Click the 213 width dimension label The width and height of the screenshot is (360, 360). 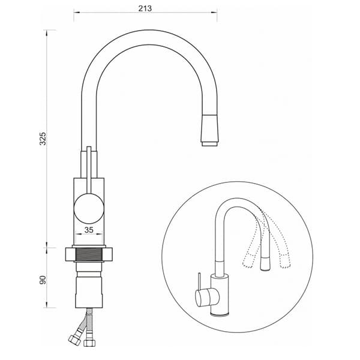[x=145, y=8]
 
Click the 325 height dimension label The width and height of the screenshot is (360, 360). [x=43, y=139]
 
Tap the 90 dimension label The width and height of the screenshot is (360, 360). [x=43, y=280]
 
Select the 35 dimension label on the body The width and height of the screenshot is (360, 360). [x=89, y=230]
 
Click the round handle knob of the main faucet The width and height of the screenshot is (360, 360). [x=89, y=208]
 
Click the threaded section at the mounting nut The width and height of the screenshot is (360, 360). [x=89, y=254]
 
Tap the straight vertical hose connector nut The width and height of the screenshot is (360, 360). [x=89, y=343]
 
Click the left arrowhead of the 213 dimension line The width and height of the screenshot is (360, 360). [x=76, y=13]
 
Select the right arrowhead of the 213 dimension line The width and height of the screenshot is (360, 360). [x=214, y=13]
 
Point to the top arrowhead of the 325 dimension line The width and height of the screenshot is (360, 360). [x=47, y=32]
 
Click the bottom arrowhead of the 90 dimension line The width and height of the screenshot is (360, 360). [x=47, y=305]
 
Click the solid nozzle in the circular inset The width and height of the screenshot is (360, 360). [x=265, y=263]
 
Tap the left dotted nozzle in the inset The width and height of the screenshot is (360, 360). [x=248, y=261]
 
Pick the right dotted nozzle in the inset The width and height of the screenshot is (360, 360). [x=284, y=261]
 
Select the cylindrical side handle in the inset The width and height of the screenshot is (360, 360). [x=206, y=298]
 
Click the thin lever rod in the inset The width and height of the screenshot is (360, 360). [x=200, y=281]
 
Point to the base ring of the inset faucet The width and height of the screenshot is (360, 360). [x=220, y=314]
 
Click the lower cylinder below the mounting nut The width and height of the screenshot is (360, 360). [x=89, y=292]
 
